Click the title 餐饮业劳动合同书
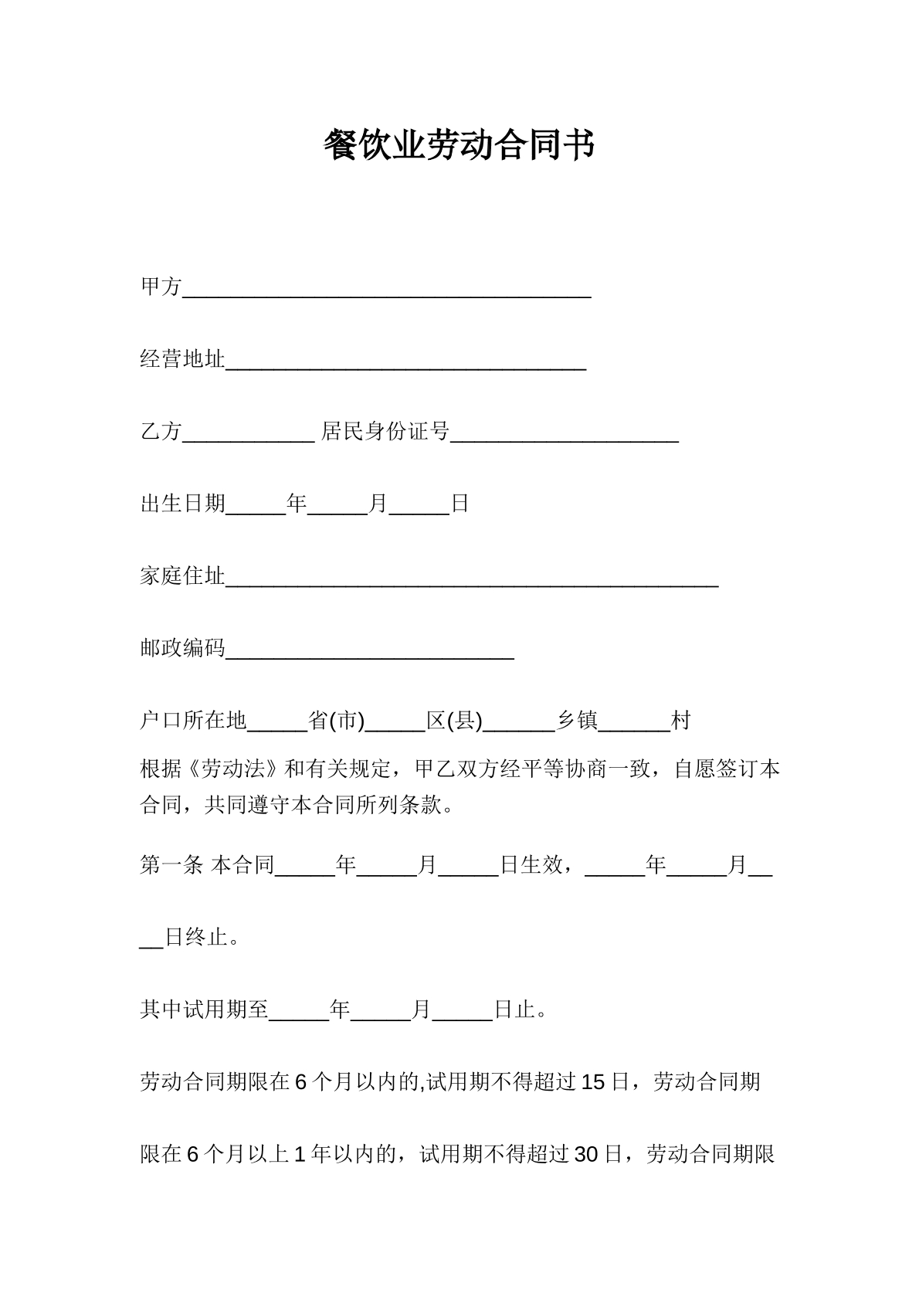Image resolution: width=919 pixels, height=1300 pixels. click(459, 145)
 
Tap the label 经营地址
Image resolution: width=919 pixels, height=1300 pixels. click(182, 359)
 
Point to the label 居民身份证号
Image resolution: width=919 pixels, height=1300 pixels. click(385, 431)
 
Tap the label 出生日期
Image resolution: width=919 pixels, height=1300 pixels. click(182, 504)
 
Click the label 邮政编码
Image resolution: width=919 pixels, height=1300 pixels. click(182, 648)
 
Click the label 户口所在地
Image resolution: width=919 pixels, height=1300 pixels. click(193, 721)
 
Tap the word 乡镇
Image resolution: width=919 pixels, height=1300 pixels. click(577, 721)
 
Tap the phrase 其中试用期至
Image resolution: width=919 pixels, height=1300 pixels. click(204, 1010)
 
